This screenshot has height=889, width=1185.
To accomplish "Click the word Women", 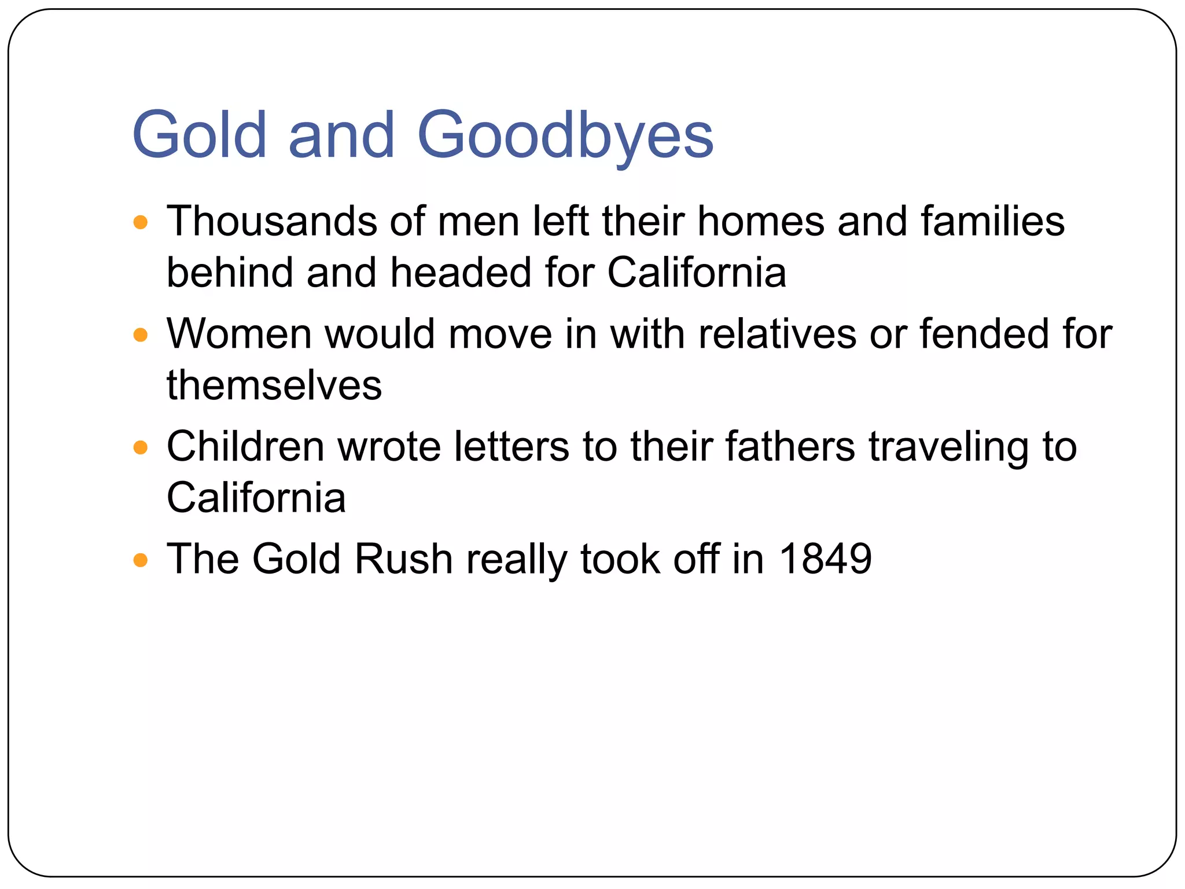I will pos(240,334).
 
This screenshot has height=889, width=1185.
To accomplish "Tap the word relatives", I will pos(777,334).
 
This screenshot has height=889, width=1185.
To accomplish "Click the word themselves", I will pos(274,385).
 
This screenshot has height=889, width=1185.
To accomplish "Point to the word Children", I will pos(245,446).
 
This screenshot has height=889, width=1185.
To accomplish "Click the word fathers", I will pos(790,446).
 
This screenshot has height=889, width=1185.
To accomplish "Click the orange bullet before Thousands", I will pos(141,222).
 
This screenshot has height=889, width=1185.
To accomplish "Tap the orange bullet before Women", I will pos(141,335).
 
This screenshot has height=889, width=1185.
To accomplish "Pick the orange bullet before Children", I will pos(141,447).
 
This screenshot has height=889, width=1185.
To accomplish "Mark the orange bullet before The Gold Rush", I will pos(141,560).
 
